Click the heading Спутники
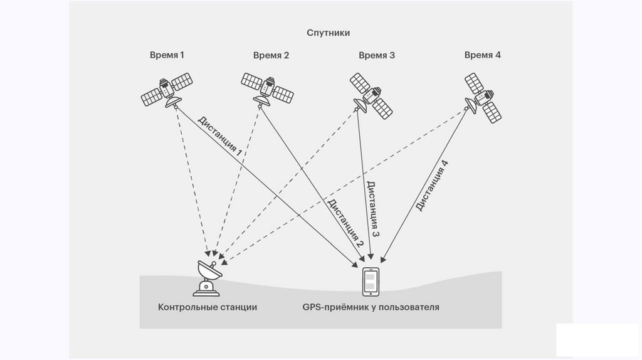pyautogui.click(x=328, y=33)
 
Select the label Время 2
pyautogui.click(x=271, y=55)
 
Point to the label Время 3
pyautogui.click(x=377, y=55)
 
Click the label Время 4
pyautogui.click(x=483, y=55)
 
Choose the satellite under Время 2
pyautogui.click(x=267, y=88)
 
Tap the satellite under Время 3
pyautogui.click(x=371, y=95)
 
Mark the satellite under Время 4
pyautogui.click(x=481, y=97)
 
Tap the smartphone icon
pyautogui.click(x=371, y=281)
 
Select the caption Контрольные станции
pyautogui.click(x=208, y=308)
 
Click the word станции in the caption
pyautogui.click(x=239, y=308)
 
